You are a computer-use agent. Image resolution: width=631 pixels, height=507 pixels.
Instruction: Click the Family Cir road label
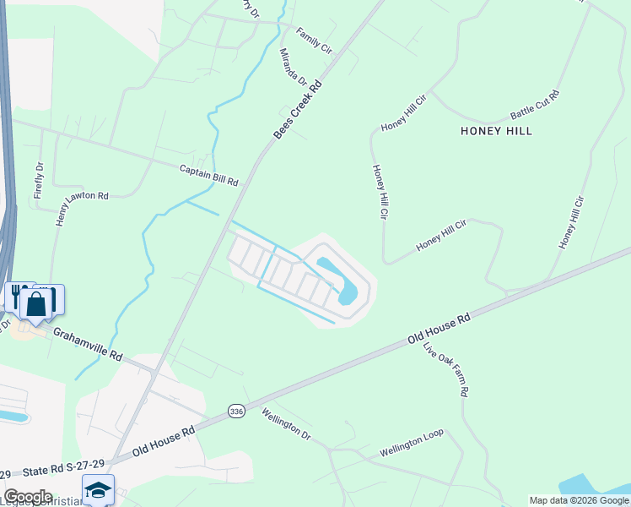click(x=314, y=40)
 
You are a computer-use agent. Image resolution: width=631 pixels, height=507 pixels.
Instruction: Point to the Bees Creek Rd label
click(x=299, y=110)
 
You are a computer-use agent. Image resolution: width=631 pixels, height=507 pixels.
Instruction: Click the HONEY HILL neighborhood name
click(x=497, y=131)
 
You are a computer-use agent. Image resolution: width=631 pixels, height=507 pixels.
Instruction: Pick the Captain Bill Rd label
click(x=208, y=176)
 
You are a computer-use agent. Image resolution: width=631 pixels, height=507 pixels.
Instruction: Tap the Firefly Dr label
click(x=39, y=181)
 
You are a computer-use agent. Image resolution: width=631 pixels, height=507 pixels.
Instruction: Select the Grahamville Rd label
click(x=89, y=344)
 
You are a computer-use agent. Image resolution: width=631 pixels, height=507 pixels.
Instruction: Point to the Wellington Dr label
click(x=287, y=424)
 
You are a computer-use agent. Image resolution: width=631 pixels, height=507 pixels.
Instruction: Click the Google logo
click(x=28, y=497)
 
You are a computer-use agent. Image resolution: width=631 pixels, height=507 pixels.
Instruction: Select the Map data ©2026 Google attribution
click(x=578, y=500)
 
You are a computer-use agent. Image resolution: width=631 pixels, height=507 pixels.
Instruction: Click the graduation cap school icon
click(x=98, y=489)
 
